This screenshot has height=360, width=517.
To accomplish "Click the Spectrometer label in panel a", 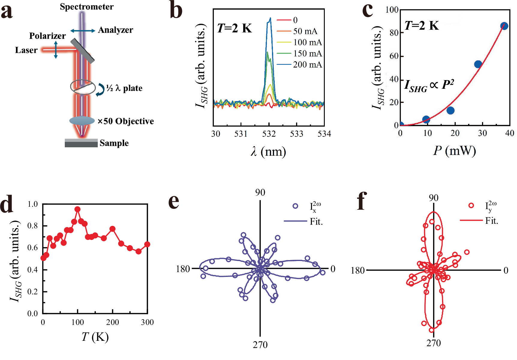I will [x=87, y=7].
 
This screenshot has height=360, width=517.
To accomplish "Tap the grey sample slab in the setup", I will [x=81, y=143].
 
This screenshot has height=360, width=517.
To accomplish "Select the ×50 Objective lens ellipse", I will [x=82, y=121].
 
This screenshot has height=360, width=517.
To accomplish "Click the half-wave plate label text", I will [x=124, y=88].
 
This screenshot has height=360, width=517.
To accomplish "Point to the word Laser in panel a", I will [x=26, y=50].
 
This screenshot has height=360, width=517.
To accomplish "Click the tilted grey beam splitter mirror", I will [x=82, y=51].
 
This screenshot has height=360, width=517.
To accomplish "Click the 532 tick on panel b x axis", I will [x=269, y=134].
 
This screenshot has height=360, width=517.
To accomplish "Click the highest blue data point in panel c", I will [x=504, y=26].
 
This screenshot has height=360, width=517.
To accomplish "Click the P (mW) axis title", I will [x=454, y=150].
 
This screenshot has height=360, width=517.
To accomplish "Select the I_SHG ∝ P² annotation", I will [x=429, y=85].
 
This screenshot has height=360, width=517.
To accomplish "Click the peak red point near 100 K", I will [x=77, y=209].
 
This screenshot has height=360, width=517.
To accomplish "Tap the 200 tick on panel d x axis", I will [x=112, y=322].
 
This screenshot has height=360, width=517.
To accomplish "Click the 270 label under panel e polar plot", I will [x=260, y=345].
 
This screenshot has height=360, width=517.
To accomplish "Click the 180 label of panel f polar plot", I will [x=357, y=271].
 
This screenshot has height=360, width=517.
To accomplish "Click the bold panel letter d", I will [x=11, y=204].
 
